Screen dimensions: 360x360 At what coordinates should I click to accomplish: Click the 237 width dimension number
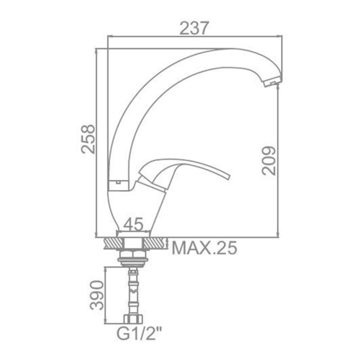coord(194,28)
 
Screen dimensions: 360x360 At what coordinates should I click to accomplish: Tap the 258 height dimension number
coord(88,139)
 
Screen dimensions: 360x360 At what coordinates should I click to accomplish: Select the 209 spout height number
coord(269,161)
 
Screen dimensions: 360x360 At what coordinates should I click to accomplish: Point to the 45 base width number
coord(133,224)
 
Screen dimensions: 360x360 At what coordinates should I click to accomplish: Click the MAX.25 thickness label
coord(204,248)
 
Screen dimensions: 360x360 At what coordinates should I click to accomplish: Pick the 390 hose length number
coord(97,295)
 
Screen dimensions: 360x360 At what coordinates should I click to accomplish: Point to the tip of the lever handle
coord(228,177)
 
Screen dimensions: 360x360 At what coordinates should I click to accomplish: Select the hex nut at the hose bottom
coord(133,319)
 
